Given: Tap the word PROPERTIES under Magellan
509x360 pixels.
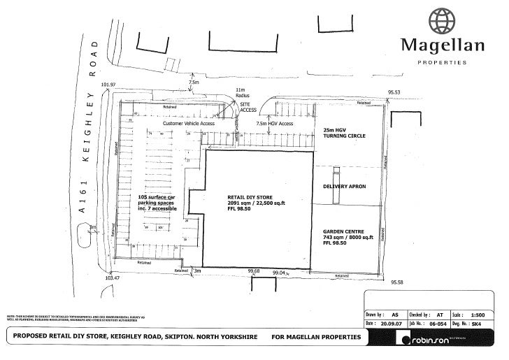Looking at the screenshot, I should (x=442, y=62).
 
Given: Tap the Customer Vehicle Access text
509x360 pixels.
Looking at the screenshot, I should (x=188, y=123).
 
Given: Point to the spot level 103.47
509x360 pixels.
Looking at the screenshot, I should (x=112, y=278).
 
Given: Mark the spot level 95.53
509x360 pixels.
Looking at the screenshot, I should (x=396, y=92).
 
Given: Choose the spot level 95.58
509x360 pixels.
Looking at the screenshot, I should (x=397, y=282).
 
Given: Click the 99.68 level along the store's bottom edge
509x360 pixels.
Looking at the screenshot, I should (x=254, y=271).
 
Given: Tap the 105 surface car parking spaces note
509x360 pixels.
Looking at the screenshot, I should (x=156, y=203).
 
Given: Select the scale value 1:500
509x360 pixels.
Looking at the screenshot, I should (x=478, y=315).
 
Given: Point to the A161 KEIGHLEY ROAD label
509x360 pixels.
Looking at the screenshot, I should (x=89, y=140).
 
